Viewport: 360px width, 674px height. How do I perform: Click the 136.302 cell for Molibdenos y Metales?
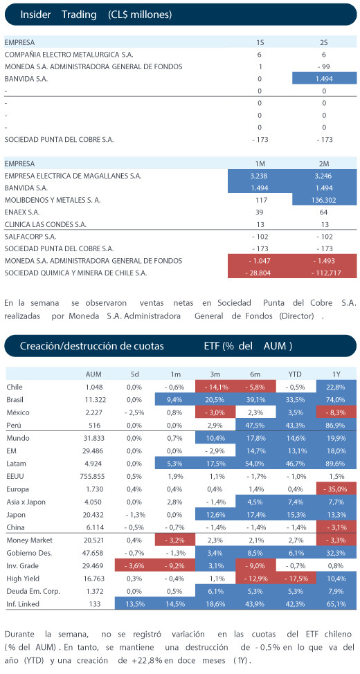click(x=324, y=200)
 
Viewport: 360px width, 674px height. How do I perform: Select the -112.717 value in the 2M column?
click(x=324, y=273)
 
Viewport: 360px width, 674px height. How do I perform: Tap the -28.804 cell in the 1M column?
click(x=260, y=273)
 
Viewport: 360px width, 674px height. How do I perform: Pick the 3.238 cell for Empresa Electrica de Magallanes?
click(x=260, y=176)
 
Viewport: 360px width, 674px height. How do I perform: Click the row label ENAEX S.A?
click(x=19, y=212)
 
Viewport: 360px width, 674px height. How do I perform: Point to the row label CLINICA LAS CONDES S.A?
click(x=45, y=224)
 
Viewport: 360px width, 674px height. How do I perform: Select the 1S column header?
click(x=260, y=42)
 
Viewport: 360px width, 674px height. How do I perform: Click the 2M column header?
click(x=324, y=164)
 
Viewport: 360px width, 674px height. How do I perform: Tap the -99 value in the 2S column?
click(x=324, y=66)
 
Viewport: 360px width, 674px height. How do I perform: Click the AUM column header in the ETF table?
click(x=93, y=374)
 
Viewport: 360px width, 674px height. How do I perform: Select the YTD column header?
click(x=295, y=374)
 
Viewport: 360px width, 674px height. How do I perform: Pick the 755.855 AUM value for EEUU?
click(x=93, y=476)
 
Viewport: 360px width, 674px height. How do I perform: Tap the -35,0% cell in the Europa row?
click(x=336, y=489)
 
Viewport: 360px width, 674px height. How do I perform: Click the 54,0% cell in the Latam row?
click(x=255, y=464)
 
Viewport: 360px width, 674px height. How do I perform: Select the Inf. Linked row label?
click(x=24, y=604)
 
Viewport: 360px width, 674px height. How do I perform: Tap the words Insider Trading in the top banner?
click(x=58, y=15)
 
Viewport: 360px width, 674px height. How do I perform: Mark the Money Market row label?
click(x=27, y=540)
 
